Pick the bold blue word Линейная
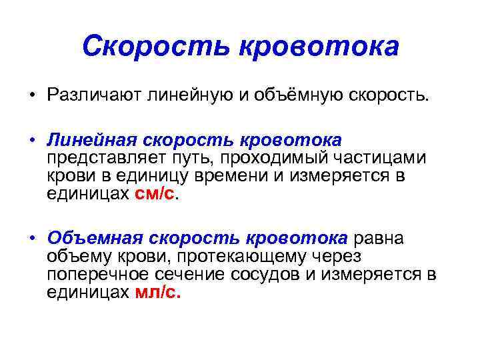pos(89,141)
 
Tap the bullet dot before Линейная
pos(31,141)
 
